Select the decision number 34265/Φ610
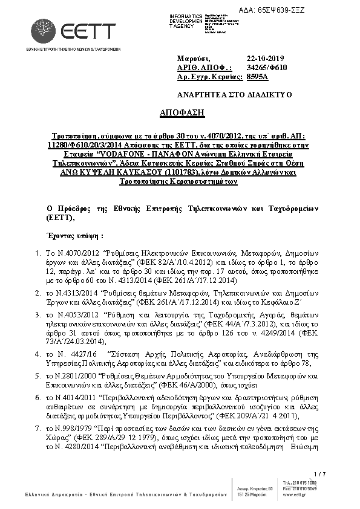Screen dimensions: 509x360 coord(267,68)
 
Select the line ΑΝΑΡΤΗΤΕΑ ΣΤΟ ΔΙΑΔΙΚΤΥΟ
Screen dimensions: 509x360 coord(234,95)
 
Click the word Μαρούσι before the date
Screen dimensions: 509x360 coord(193,59)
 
